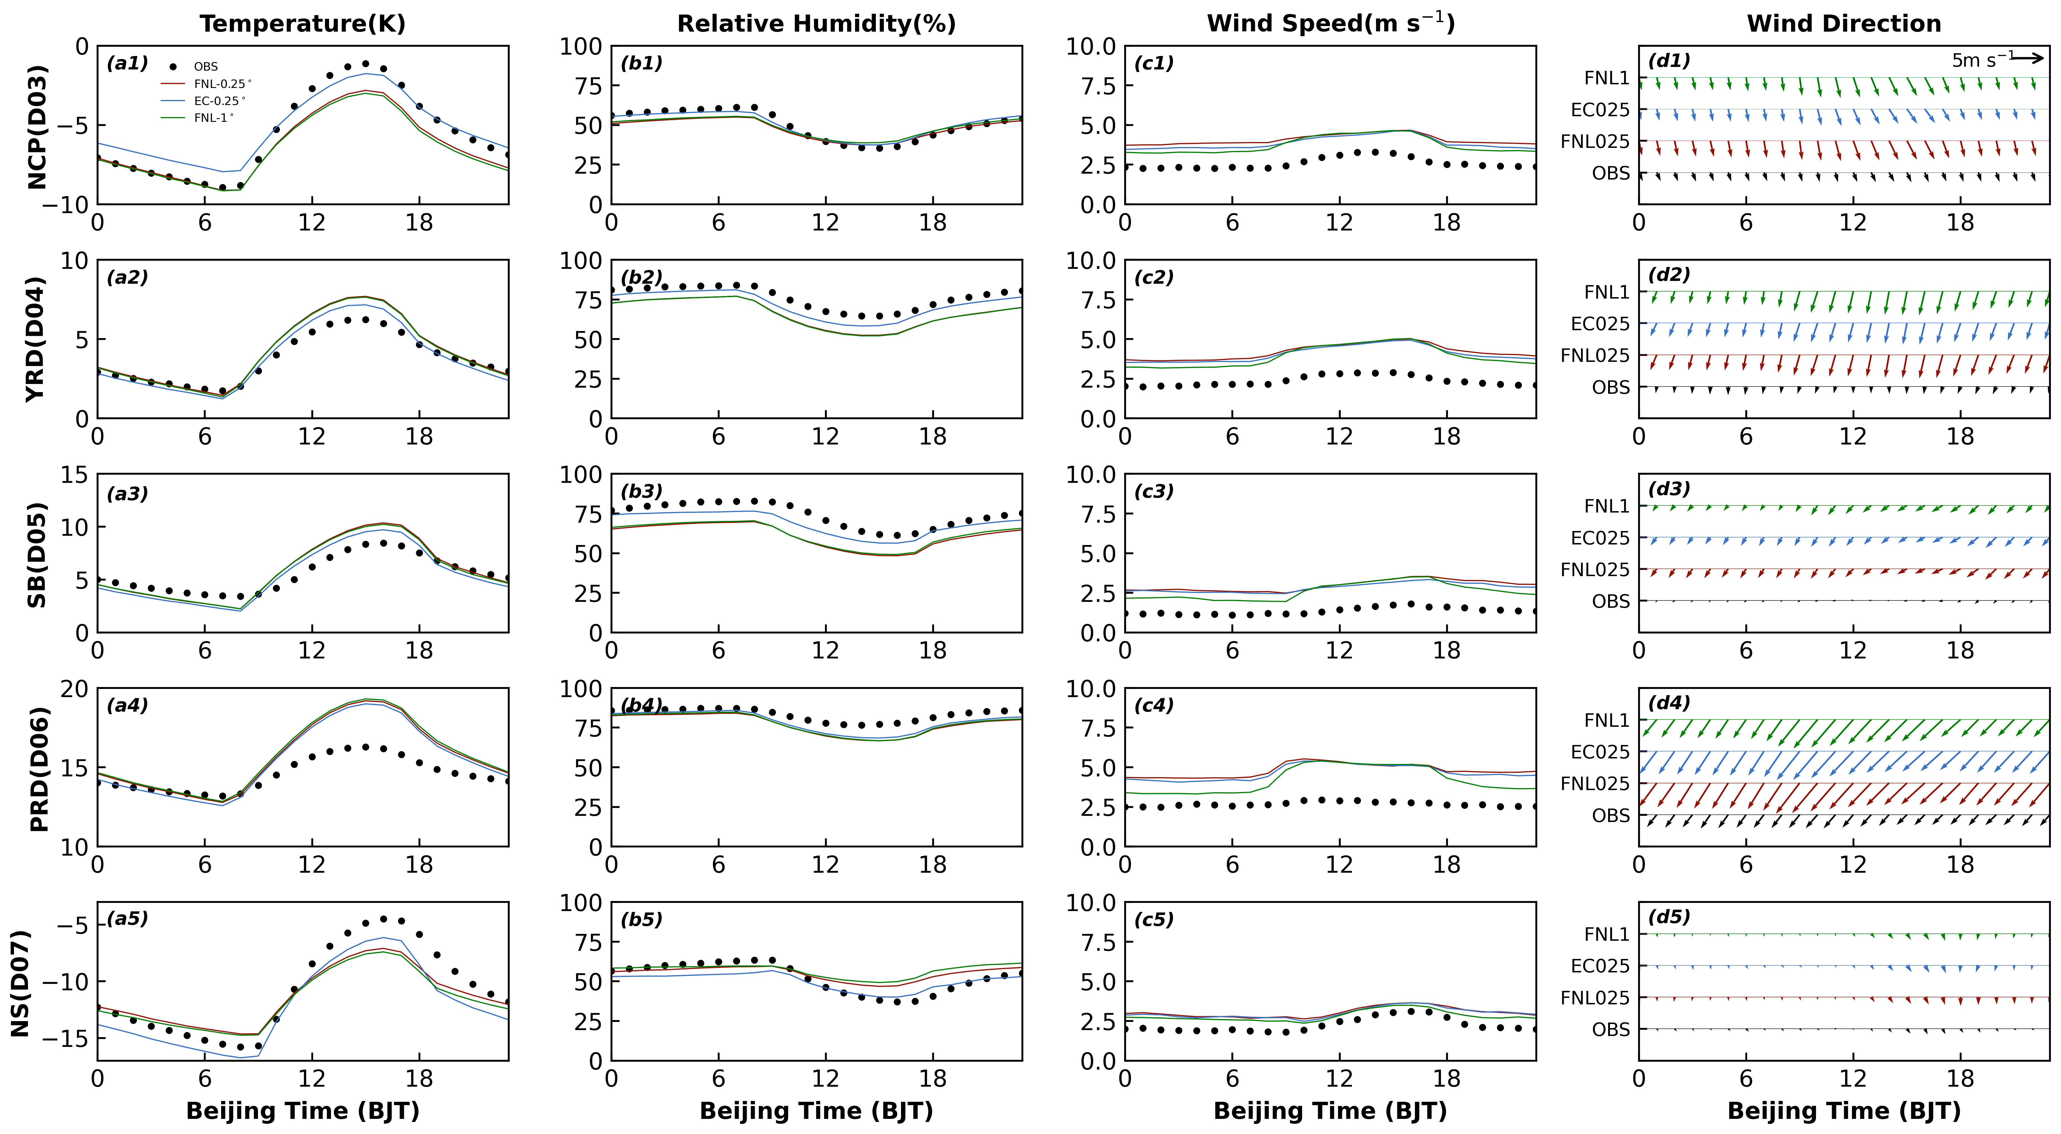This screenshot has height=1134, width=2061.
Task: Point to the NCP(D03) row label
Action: click(38, 126)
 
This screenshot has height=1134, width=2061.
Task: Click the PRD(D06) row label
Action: click(38, 768)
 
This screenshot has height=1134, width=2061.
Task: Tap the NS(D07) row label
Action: click(20, 983)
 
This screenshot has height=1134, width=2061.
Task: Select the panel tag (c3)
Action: click(1154, 491)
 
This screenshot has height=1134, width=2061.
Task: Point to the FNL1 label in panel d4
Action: click(1606, 720)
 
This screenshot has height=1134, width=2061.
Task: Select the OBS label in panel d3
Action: click(1611, 601)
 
